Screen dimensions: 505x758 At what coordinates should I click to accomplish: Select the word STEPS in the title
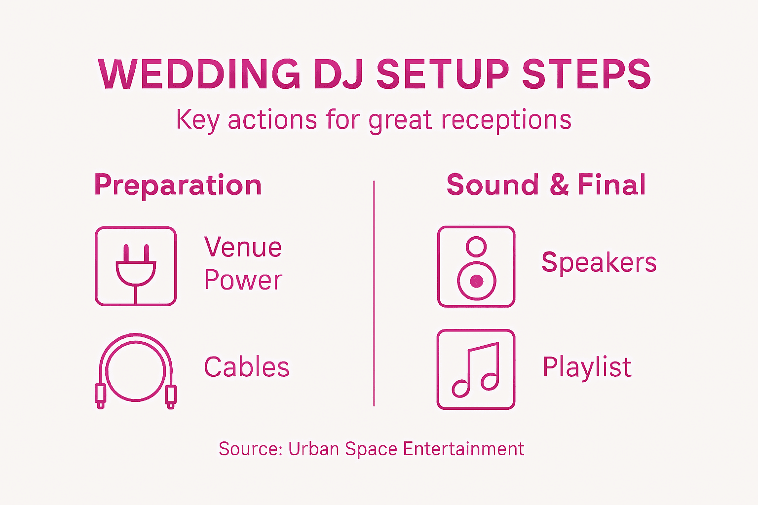(586, 74)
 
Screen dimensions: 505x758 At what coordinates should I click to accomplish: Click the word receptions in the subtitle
(506, 120)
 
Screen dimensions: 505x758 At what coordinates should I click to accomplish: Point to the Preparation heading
(178, 185)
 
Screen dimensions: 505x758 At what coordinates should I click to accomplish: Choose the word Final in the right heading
(611, 185)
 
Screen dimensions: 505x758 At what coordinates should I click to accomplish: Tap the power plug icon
(136, 266)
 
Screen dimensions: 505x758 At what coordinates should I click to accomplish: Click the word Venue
(243, 247)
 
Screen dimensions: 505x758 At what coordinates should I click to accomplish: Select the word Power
(243, 280)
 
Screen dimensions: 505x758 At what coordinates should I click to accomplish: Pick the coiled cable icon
(136, 370)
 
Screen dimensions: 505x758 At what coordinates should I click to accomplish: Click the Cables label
(247, 367)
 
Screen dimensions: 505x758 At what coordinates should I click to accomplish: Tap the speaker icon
(476, 266)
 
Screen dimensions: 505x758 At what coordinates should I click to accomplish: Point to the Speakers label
(599, 262)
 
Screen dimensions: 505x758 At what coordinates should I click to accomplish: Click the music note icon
(476, 369)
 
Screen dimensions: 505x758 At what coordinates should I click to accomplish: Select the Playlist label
(587, 367)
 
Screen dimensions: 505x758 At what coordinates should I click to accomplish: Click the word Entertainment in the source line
(463, 449)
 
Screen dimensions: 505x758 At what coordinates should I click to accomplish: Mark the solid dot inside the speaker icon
(476, 281)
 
